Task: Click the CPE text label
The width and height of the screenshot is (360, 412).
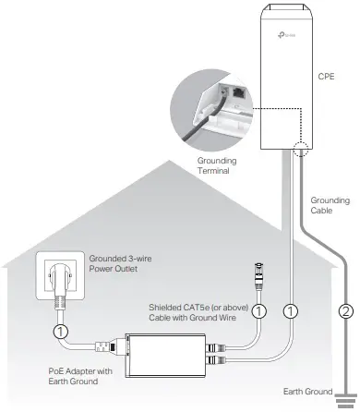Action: pos(324,78)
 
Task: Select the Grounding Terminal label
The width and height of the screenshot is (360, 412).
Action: pos(219,164)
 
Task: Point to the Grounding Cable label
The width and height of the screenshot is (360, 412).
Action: pos(330,205)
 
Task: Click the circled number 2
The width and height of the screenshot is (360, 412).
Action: pos(346,311)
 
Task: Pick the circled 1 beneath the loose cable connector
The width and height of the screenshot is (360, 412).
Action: pos(259,311)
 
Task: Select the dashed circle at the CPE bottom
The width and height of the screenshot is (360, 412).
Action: pos(299,150)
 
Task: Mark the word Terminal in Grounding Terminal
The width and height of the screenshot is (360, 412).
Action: pos(219,171)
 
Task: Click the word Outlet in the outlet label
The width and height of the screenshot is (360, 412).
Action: pos(138,271)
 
